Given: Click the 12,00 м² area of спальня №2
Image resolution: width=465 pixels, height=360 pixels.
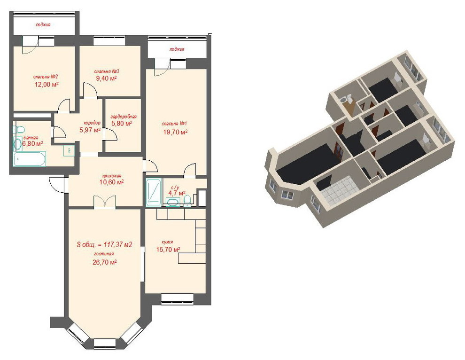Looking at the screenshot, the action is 46,84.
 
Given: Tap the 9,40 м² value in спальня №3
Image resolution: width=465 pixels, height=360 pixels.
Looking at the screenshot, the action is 106,78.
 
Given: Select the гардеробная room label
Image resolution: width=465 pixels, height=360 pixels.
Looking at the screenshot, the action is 124,117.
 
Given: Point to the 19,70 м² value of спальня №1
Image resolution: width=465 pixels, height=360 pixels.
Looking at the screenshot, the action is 175,132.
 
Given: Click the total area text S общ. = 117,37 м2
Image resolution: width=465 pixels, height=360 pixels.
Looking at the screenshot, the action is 104,244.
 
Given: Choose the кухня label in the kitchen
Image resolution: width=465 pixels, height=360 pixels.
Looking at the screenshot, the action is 167,242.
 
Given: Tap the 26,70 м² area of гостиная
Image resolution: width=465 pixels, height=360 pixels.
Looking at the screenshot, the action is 104,262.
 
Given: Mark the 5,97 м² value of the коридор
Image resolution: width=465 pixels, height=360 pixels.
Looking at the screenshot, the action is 90,130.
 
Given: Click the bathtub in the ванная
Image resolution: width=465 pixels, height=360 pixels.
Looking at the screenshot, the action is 30,159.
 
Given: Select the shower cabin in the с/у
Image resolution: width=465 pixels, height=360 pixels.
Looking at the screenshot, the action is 154,192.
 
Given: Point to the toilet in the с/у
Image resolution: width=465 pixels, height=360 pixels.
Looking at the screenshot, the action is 187,199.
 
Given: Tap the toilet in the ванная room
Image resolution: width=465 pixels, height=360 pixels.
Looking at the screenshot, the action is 20,129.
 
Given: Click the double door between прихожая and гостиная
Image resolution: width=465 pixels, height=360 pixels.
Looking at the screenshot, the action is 105,203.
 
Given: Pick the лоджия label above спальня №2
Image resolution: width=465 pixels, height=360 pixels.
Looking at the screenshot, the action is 43,24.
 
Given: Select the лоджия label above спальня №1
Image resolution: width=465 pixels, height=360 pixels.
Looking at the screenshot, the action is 177,49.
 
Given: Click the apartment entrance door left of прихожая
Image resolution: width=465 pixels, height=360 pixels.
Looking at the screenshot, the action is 57,184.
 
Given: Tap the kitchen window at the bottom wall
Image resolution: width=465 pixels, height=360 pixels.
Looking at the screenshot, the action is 178,299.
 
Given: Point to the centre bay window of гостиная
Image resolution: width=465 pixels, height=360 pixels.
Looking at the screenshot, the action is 105,344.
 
